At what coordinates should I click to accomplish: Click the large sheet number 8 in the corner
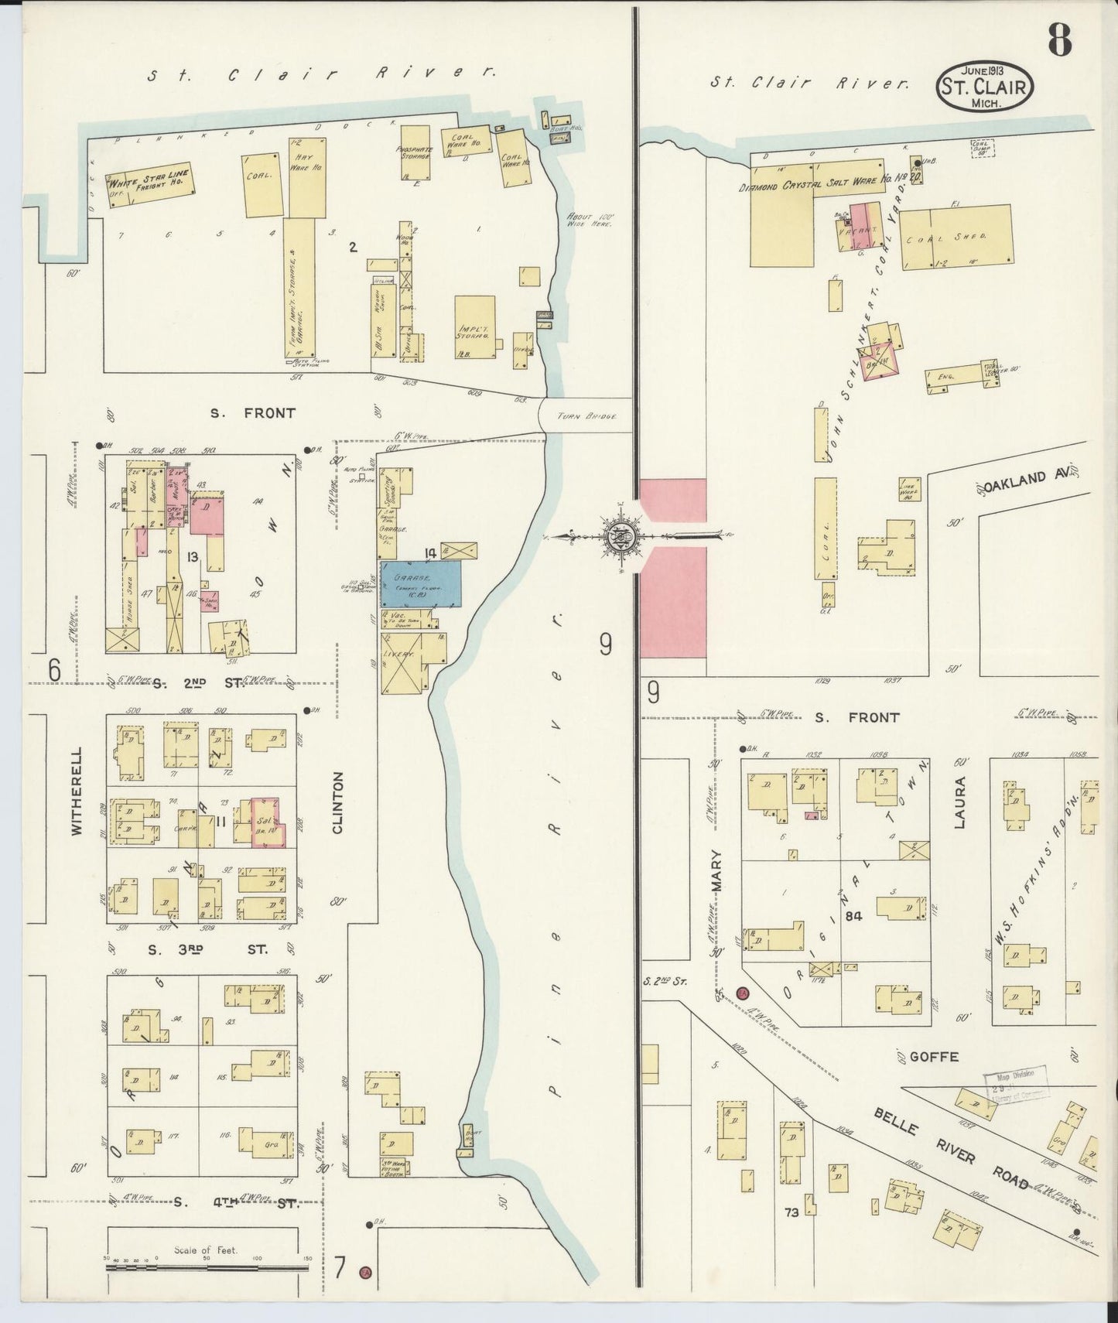(1060, 40)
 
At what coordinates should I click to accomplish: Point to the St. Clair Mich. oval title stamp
(985, 87)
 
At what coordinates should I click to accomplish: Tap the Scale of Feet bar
(207, 1266)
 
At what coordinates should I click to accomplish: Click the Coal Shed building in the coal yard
(956, 237)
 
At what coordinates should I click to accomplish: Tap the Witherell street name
(76, 790)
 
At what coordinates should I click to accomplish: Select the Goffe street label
(934, 1056)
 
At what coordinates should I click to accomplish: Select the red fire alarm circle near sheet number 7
(365, 1270)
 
